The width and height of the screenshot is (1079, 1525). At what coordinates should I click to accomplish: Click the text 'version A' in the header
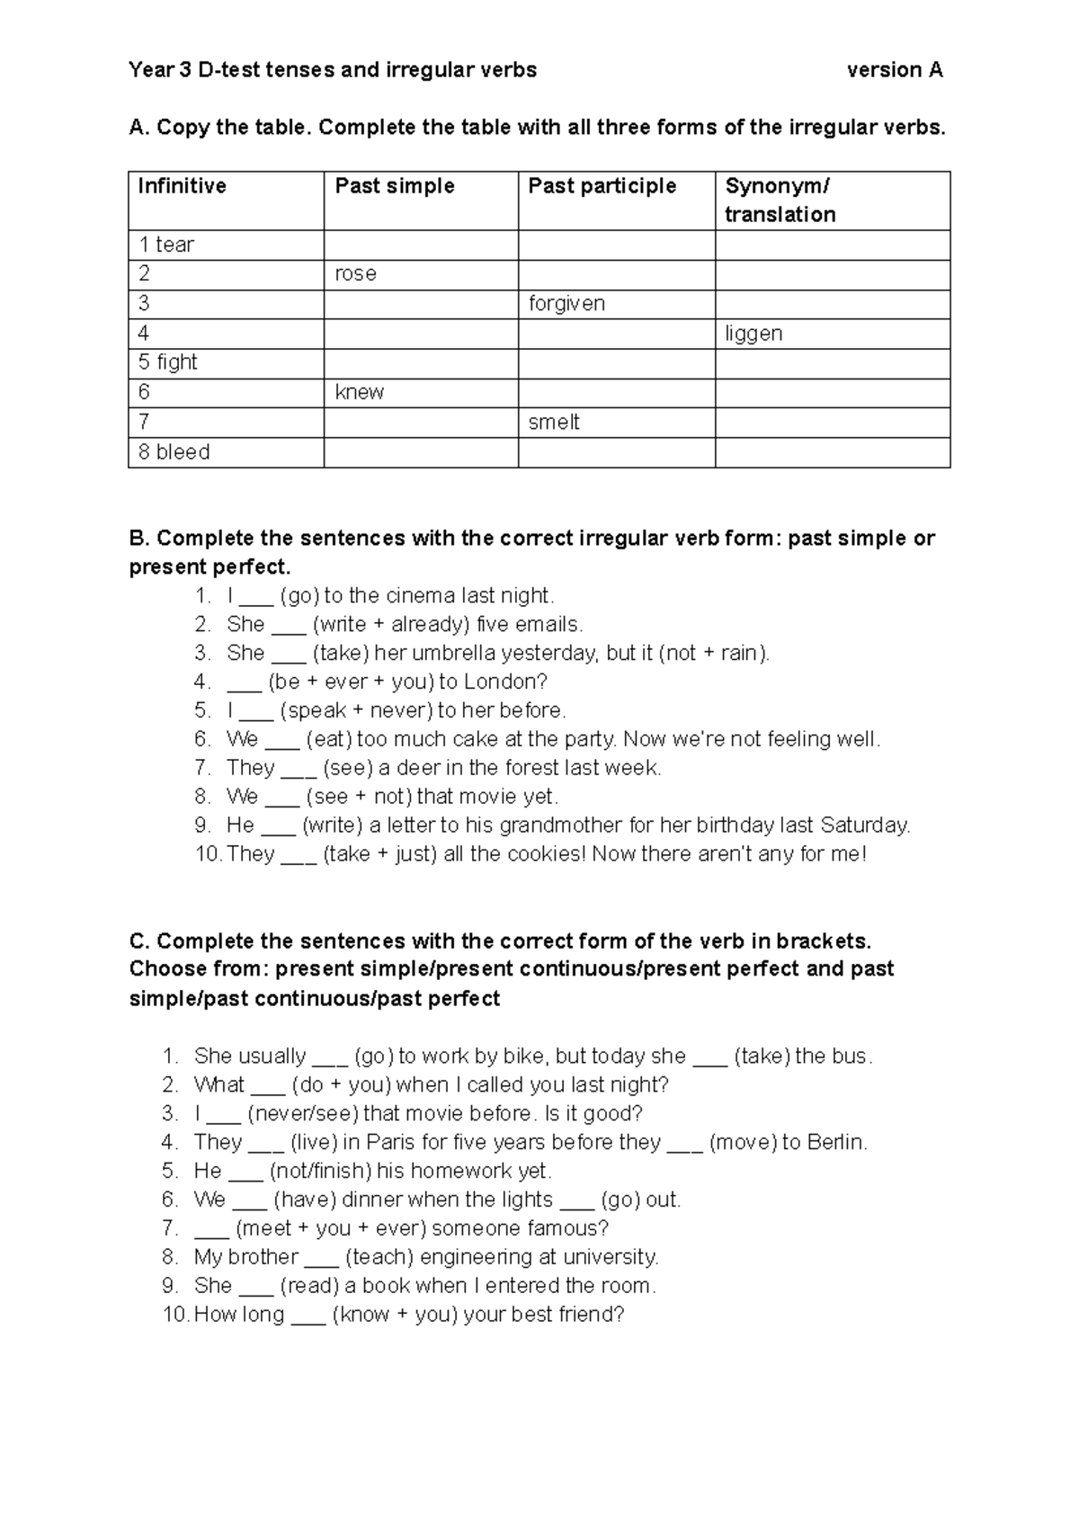click(x=895, y=70)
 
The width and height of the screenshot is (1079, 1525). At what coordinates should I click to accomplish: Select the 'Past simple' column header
click(x=395, y=186)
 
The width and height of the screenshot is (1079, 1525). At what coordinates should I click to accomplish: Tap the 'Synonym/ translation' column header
click(x=780, y=200)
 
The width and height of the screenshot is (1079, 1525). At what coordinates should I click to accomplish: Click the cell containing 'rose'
click(x=356, y=273)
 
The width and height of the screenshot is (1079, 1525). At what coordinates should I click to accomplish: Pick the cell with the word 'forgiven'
click(x=566, y=303)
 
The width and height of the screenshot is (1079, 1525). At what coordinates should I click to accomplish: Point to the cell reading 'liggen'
click(x=754, y=334)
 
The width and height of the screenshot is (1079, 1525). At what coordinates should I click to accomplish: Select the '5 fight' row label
click(x=168, y=362)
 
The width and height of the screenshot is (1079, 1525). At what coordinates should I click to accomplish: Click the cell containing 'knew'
click(x=360, y=392)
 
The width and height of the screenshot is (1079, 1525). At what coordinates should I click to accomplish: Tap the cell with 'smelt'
click(x=554, y=422)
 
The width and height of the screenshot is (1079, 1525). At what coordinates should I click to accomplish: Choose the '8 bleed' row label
click(x=174, y=452)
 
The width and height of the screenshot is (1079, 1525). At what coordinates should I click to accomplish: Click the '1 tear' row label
click(x=166, y=245)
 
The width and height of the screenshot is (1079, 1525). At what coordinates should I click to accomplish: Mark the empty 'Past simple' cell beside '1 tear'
click(x=420, y=245)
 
